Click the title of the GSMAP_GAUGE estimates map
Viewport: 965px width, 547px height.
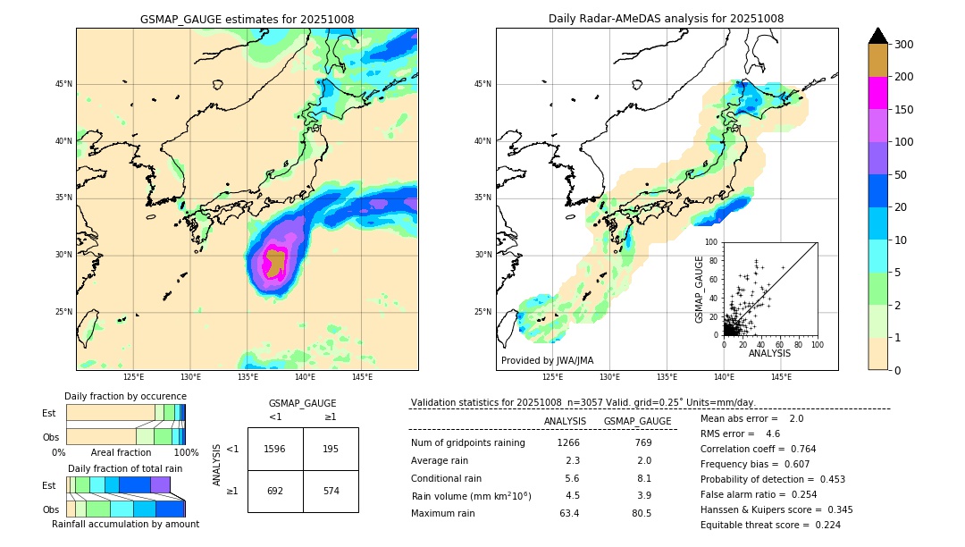(x=247, y=19)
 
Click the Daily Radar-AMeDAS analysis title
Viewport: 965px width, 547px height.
(x=666, y=19)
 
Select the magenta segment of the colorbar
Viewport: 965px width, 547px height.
(x=877, y=93)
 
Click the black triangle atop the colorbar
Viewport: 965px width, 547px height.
(x=877, y=36)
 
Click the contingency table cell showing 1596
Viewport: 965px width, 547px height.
(x=275, y=449)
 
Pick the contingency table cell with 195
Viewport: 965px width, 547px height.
(x=331, y=449)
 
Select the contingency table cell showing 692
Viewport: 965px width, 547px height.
(x=275, y=492)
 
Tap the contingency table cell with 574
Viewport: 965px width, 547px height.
(x=331, y=492)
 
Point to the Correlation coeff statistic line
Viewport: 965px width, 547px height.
(x=758, y=449)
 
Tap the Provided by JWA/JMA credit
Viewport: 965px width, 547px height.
(x=547, y=361)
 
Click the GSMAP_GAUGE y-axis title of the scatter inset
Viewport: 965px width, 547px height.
(x=701, y=289)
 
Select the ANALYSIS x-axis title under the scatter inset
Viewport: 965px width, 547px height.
(x=769, y=354)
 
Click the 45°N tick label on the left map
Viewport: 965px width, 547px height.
(x=63, y=84)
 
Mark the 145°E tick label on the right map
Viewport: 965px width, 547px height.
(x=781, y=377)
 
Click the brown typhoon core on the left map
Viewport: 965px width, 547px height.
(x=275, y=262)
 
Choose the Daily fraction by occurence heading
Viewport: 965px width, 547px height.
(x=125, y=396)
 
